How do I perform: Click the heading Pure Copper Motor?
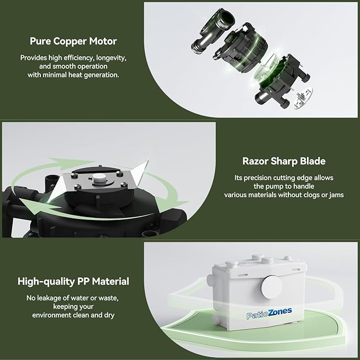click(x=73, y=41)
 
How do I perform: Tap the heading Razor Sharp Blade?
click(x=284, y=161)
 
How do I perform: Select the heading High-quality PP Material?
click(x=73, y=282)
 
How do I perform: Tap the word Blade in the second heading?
click(x=311, y=161)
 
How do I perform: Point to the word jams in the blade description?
click(x=335, y=195)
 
